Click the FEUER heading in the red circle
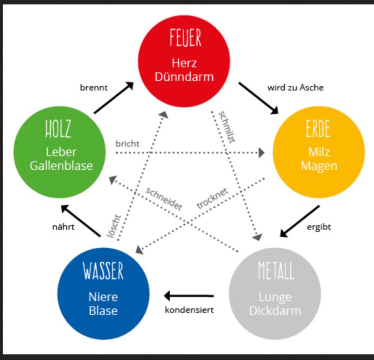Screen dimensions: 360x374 [186, 38]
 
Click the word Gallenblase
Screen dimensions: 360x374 [61, 165]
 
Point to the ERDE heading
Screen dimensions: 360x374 [318, 129]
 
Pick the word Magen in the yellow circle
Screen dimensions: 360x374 [319, 166]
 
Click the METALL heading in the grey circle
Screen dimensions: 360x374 [276, 271]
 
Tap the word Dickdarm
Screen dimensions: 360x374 [275, 310]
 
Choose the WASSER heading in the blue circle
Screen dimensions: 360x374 [103, 271]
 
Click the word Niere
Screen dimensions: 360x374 [103, 296]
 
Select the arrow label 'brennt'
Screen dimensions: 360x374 [93, 88]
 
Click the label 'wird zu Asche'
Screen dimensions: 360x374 [296, 88]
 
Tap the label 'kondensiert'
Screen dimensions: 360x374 [189, 310]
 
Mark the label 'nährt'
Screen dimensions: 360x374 [63, 227]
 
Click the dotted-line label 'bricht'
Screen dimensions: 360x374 [128, 144]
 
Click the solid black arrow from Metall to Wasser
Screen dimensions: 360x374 [189, 296]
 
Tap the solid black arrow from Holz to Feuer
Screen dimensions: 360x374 [113, 98]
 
